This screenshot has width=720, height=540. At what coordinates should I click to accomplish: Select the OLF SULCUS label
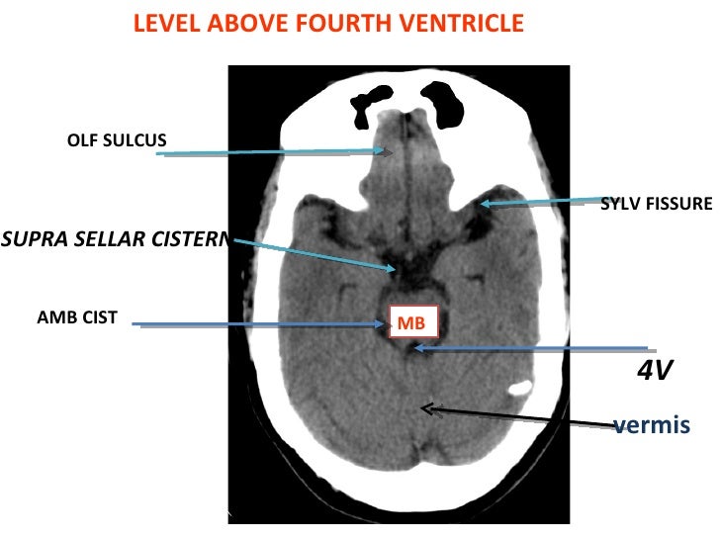pyautogui.click(x=116, y=140)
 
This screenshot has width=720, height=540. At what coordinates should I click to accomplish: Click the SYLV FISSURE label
pyautogui.click(x=656, y=204)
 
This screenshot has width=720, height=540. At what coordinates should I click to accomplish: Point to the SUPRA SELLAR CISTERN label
pyautogui.click(x=115, y=237)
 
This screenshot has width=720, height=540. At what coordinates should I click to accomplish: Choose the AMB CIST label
pyautogui.click(x=76, y=317)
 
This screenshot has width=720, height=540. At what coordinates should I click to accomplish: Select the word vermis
pyautogui.click(x=649, y=425)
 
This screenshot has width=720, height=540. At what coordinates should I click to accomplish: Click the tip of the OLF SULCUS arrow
pyautogui.click(x=394, y=151)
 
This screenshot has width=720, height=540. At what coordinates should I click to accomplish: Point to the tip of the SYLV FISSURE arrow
pyautogui.click(x=482, y=205)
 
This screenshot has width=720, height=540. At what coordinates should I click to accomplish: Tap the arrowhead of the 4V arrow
pyautogui.click(x=416, y=347)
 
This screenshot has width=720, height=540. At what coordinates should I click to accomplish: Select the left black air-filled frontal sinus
pyautogui.click(x=372, y=100)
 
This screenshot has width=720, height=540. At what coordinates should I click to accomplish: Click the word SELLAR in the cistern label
pyautogui.click(x=117, y=237)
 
